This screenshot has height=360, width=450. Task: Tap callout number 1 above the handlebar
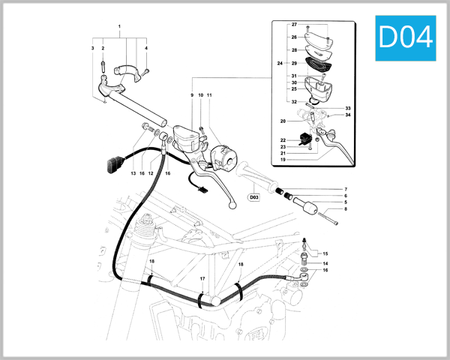tap(119, 27)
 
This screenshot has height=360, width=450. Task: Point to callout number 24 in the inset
tap(279, 63)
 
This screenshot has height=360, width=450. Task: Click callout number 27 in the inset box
tap(294, 25)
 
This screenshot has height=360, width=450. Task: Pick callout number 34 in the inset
tap(348, 115)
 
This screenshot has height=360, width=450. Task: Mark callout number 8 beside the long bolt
tap(345, 209)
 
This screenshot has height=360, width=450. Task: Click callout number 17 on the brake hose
tap(202, 278)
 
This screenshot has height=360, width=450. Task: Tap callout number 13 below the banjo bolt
tap(133, 173)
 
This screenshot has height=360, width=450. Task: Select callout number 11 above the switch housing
tap(210, 95)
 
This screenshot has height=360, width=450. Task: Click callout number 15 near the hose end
tap(325, 254)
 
